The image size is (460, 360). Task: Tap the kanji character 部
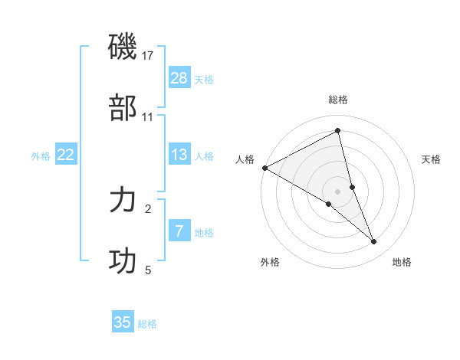click(x=123, y=108)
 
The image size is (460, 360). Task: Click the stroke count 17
click(x=148, y=56)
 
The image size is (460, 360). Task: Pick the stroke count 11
click(x=148, y=117)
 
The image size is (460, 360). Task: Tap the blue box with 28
click(x=179, y=77)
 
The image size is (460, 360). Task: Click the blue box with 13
click(x=179, y=155)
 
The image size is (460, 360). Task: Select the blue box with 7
click(x=179, y=231)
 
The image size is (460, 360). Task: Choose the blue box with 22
click(x=66, y=155)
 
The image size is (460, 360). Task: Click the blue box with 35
click(x=123, y=322)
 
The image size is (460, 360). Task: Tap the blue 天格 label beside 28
click(x=204, y=79)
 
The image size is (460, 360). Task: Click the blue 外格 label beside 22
click(x=41, y=156)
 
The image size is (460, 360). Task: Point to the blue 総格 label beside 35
click(x=148, y=324)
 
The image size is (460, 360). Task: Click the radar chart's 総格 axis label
click(x=338, y=100)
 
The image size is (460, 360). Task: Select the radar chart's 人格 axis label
click(x=245, y=159)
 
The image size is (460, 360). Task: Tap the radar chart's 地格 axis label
click(x=402, y=262)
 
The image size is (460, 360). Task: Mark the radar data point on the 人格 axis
click(x=264, y=168)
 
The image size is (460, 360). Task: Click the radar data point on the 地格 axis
click(x=374, y=242)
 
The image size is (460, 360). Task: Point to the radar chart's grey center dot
click(x=338, y=191)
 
